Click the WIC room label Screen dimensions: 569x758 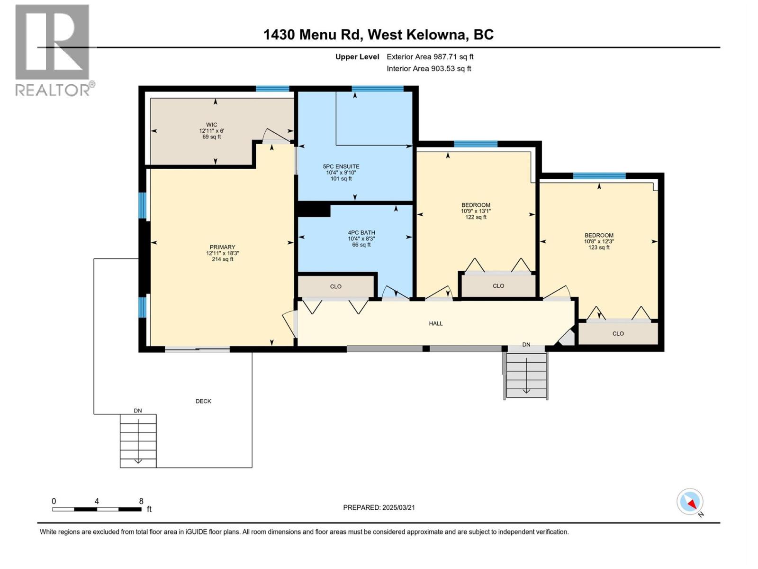[211, 131]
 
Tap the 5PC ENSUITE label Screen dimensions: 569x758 [341, 173]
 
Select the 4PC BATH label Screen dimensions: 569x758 [361, 239]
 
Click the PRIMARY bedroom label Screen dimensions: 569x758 [222, 253]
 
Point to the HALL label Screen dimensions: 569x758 [436, 323]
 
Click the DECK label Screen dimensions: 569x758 [203, 401]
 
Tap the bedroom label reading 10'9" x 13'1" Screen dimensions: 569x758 [476, 211]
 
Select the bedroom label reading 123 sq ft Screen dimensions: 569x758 [599, 241]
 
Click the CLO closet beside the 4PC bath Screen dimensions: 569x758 [336, 286]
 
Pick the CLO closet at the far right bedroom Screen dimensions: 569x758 [618, 333]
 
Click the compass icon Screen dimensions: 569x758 [690, 502]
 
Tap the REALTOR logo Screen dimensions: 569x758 [53, 50]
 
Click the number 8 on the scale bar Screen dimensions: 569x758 [141, 501]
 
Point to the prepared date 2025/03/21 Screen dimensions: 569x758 [379, 507]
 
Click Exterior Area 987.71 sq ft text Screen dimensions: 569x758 [430, 57]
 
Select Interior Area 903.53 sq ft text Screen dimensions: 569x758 [429, 68]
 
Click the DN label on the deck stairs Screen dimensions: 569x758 [137, 411]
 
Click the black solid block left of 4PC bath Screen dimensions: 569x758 [313, 209]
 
